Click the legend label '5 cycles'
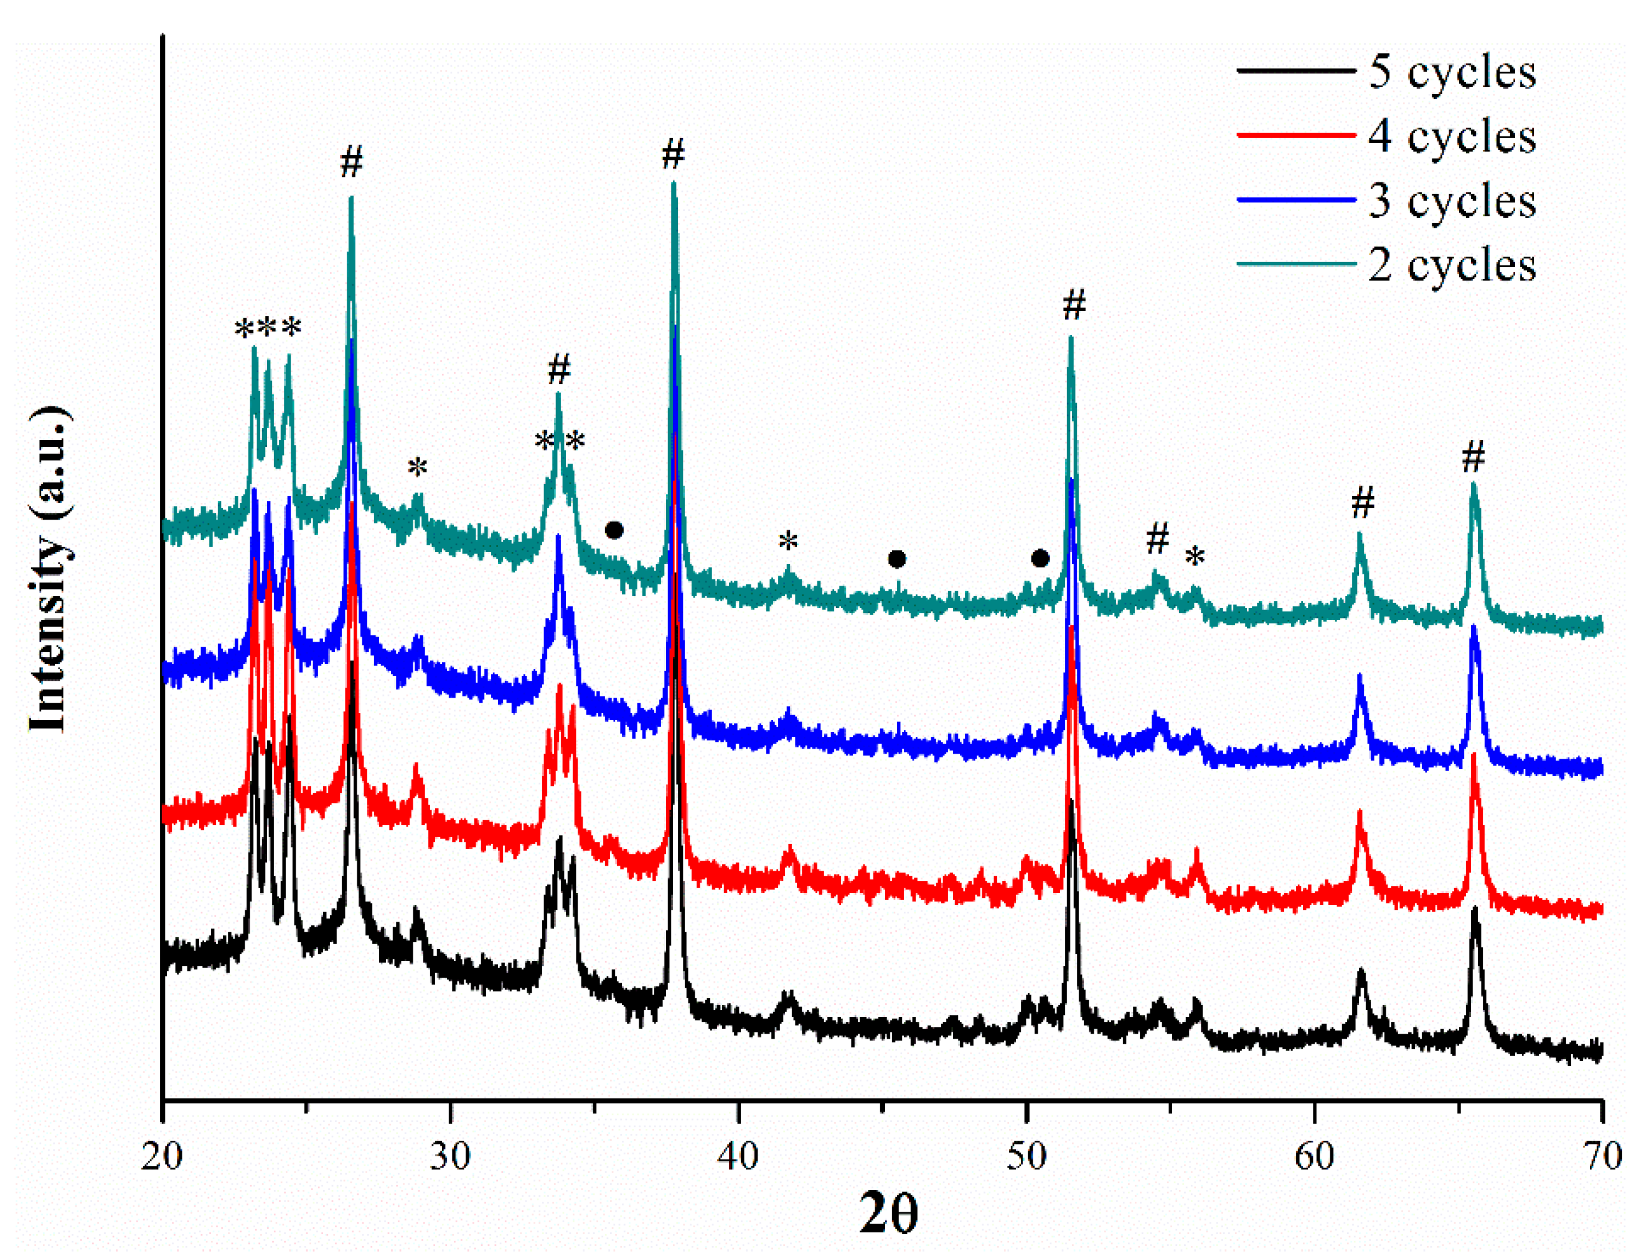point(1451,72)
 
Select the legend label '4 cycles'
point(1451,136)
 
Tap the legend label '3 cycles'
point(1451,201)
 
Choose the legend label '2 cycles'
point(1451,265)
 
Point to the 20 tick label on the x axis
point(162,1156)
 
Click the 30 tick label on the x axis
point(450,1156)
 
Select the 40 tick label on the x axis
point(738,1156)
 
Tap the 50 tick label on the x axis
point(1027,1156)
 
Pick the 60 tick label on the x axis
point(1315,1156)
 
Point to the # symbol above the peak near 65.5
point(1473,457)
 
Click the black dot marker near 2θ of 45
point(896,559)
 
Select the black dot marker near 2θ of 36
point(614,531)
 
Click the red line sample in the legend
point(1296,136)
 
